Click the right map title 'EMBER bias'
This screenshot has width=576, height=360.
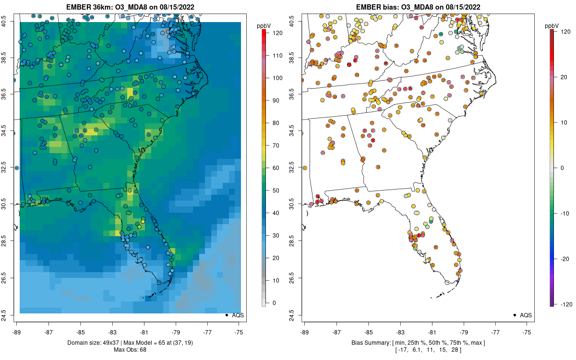point(380,7)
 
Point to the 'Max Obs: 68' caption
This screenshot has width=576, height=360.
point(130,349)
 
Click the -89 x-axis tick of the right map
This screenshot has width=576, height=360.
point(304,331)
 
